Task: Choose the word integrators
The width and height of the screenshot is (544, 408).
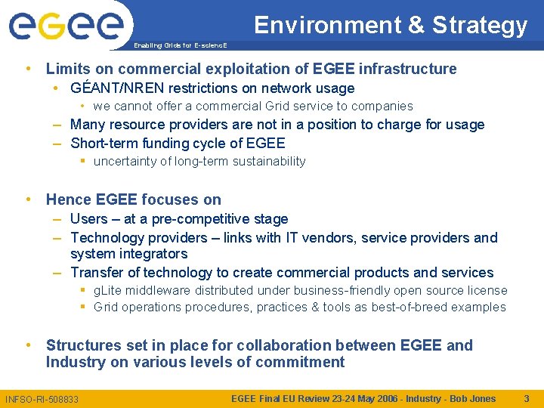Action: (151, 255)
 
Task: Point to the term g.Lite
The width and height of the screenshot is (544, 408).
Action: (107, 291)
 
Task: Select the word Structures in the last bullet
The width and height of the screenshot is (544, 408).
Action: (83, 346)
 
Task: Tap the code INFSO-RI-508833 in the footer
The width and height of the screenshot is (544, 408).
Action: (42, 399)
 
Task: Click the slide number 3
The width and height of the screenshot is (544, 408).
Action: (527, 398)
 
